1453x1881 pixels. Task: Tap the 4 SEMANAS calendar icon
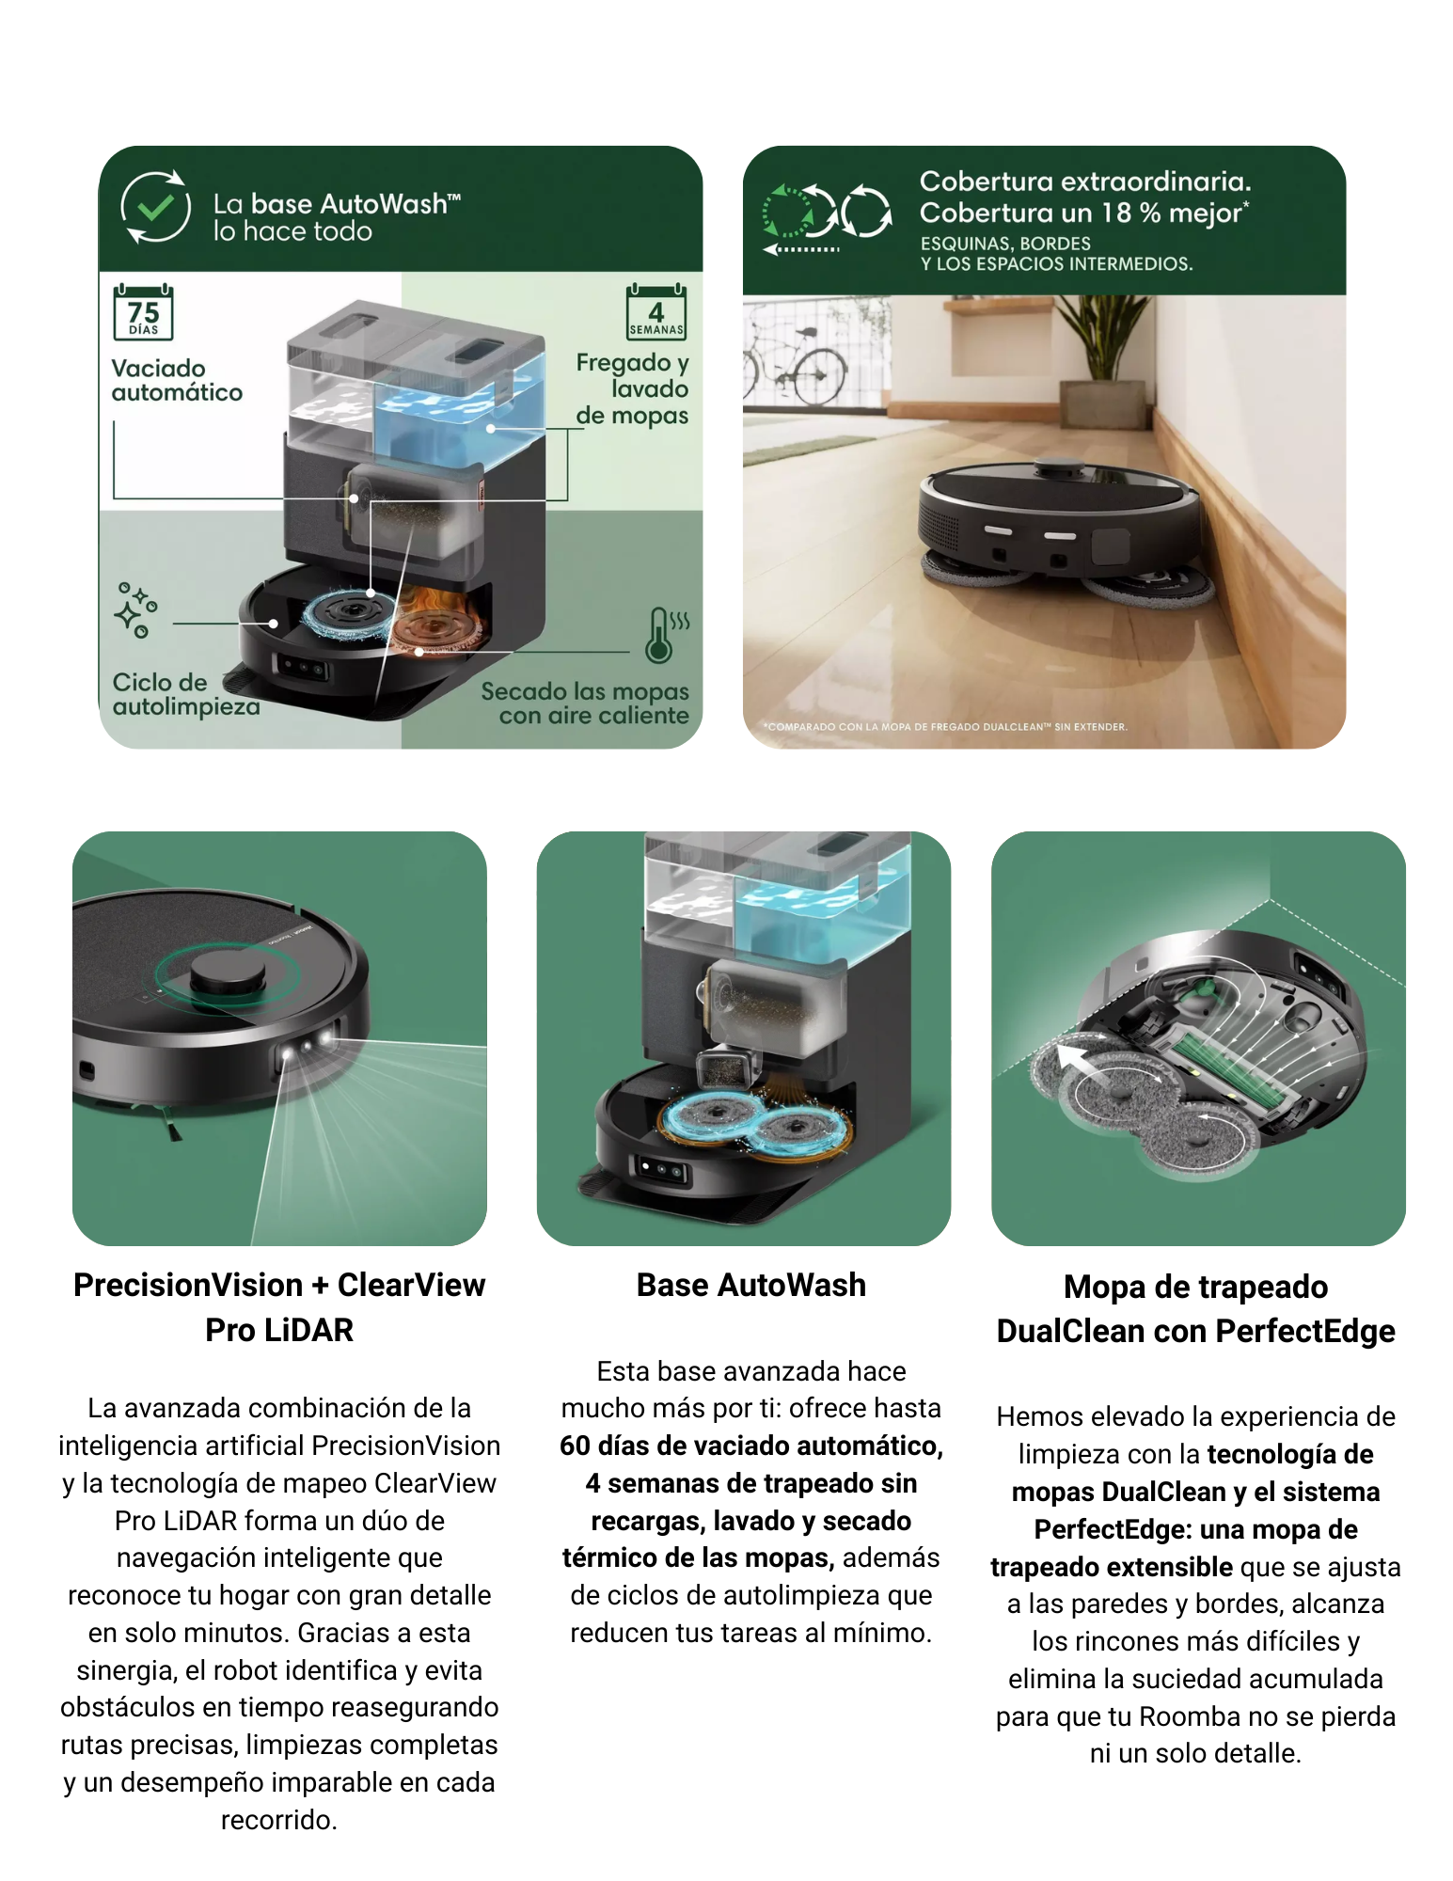click(655, 311)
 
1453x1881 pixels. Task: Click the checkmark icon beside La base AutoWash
click(155, 207)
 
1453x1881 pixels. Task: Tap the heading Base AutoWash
click(750, 1285)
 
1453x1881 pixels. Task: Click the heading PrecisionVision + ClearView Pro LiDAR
click(279, 1307)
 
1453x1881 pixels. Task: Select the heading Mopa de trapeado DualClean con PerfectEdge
click(1195, 1309)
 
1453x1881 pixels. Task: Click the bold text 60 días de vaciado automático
click(750, 1446)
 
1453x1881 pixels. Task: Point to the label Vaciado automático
click(177, 380)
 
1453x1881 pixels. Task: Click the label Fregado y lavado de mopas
click(632, 388)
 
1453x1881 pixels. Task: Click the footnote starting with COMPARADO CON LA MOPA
click(944, 727)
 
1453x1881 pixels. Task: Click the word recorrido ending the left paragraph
click(279, 1820)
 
